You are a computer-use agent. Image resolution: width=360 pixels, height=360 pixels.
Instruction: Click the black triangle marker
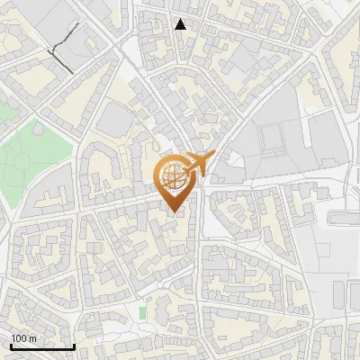(180, 24)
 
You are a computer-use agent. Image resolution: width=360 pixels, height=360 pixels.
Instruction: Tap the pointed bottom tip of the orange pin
(174, 212)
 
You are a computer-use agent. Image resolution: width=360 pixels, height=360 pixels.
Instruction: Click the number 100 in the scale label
(19, 338)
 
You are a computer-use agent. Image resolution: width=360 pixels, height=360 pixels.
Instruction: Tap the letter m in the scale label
(32, 338)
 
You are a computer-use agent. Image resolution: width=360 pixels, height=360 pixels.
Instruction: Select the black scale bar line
(42, 347)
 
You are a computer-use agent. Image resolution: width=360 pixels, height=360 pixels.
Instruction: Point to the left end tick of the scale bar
(11, 346)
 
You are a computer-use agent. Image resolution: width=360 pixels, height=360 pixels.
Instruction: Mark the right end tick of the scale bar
(74, 346)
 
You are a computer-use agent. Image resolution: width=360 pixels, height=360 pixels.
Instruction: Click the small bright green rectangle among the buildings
(142, 312)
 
